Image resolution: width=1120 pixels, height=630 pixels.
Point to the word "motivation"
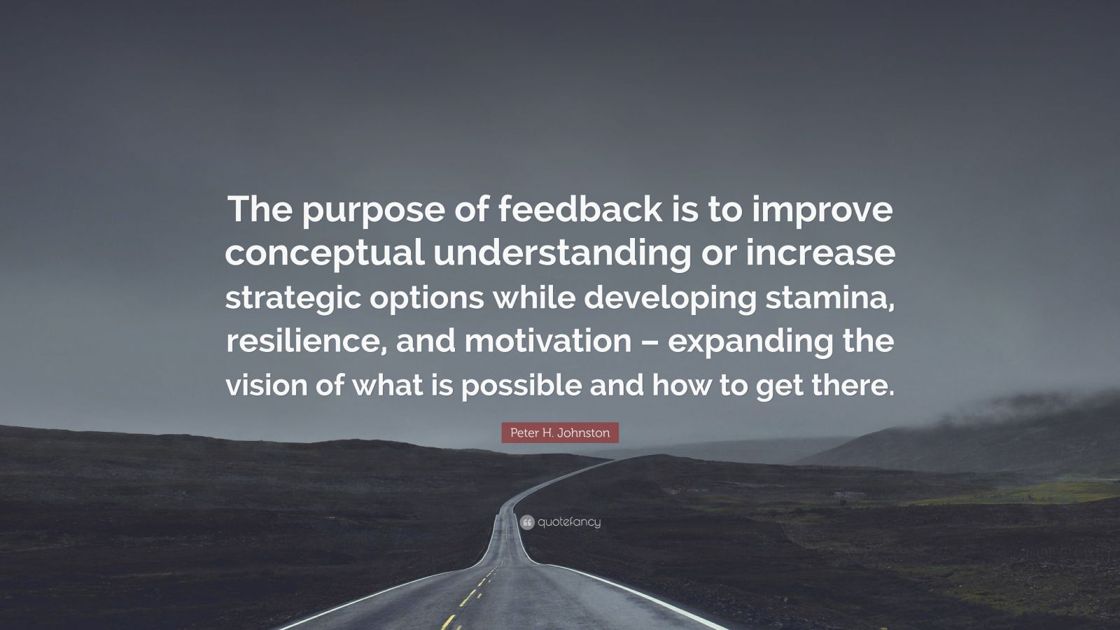(547, 342)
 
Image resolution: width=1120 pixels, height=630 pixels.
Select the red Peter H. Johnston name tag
(560, 433)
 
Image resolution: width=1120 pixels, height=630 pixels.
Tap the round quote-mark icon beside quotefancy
(527, 521)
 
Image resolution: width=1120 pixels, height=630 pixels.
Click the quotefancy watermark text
(570, 522)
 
